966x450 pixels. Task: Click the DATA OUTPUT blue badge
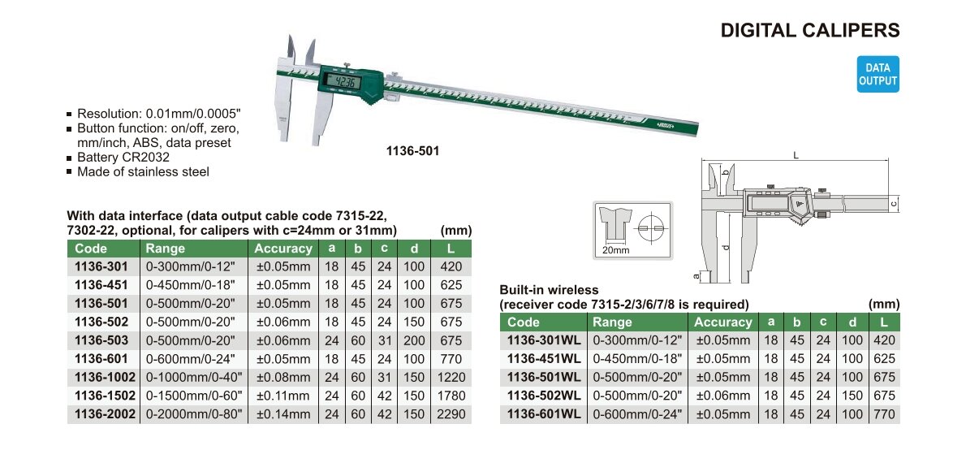[878, 74]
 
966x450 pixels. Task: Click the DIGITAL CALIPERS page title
[810, 30]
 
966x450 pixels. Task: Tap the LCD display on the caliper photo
[339, 80]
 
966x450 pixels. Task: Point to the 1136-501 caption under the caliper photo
[412, 150]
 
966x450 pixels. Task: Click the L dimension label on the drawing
[796, 156]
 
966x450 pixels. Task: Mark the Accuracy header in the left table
[283, 249]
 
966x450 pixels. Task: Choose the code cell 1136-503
[101, 340]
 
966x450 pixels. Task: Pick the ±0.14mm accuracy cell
[283, 414]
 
